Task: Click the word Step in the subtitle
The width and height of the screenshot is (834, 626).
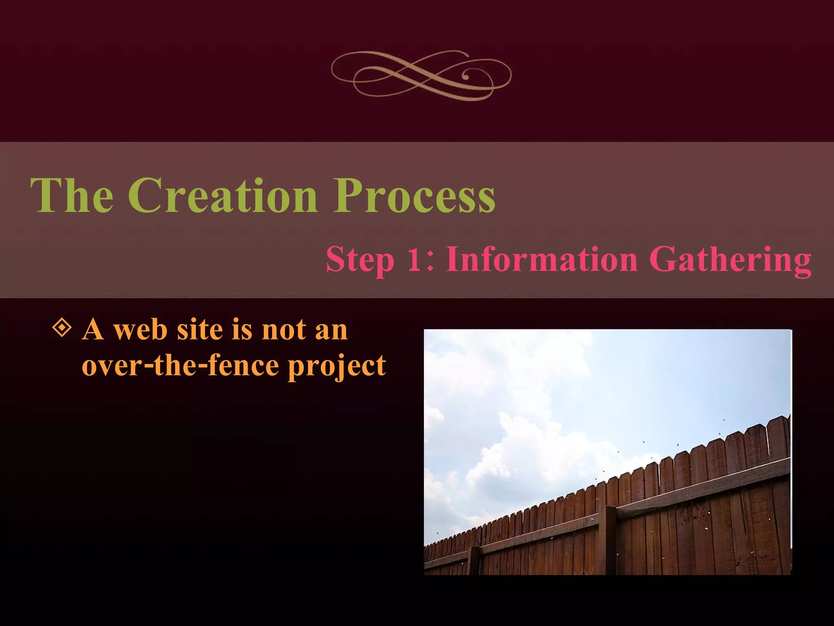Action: [x=360, y=260]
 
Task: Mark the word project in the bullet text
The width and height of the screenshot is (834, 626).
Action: [x=337, y=366]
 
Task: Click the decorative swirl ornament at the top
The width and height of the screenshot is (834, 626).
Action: [x=421, y=75]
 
